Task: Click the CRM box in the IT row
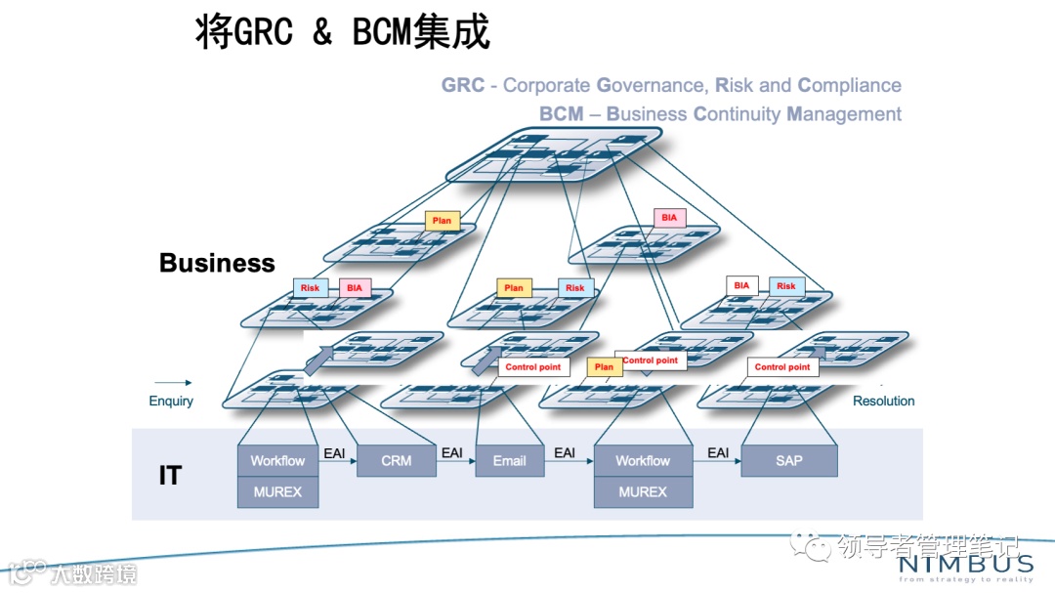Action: click(x=396, y=460)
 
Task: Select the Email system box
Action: click(x=509, y=460)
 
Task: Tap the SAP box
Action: click(x=788, y=460)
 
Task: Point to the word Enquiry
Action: click(x=171, y=401)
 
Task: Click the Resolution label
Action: click(x=883, y=401)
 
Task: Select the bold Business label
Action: click(x=217, y=263)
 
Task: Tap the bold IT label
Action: click(x=170, y=476)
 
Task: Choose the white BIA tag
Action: click(x=741, y=286)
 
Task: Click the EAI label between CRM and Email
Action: click(x=452, y=453)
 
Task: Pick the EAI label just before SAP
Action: click(x=718, y=453)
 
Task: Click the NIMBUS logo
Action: click(x=964, y=565)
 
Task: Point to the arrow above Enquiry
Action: click(x=173, y=383)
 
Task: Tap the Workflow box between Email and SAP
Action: click(x=643, y=460)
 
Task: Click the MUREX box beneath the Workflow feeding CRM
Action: click(x=277, y=491)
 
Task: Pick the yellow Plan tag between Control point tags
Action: click(x=604, y=367)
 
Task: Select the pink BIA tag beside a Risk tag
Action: click(x=354, y=288)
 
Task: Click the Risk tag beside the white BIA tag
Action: click(x=786, y=286)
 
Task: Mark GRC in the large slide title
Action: click(x=265, y=32)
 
